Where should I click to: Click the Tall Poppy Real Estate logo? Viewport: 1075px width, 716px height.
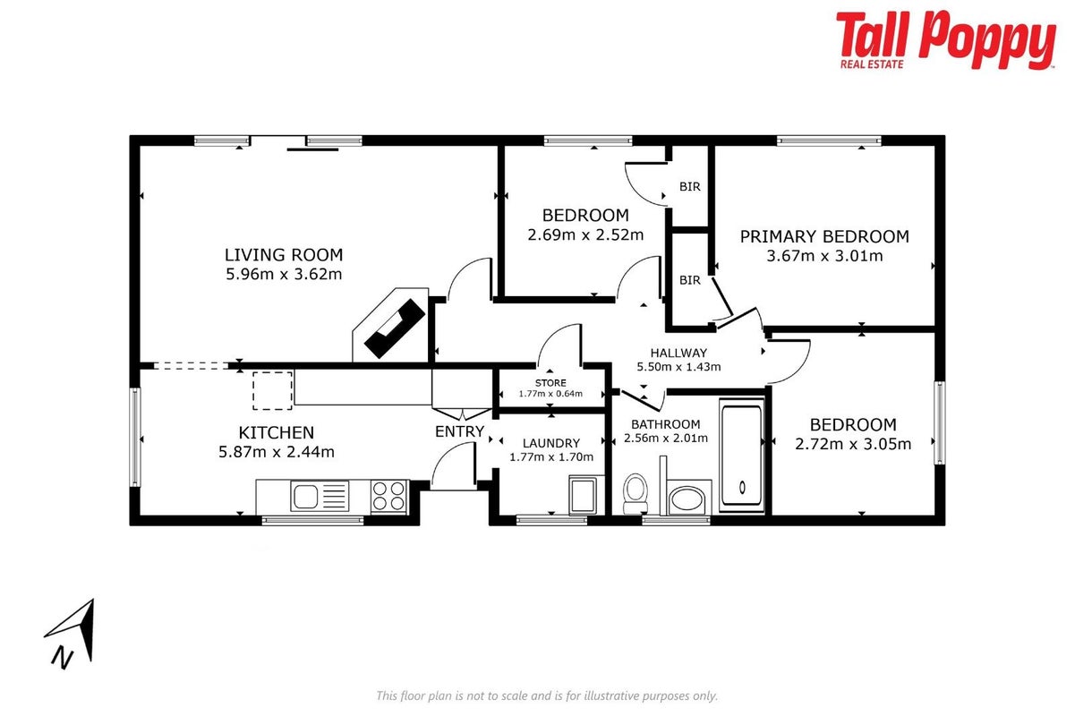click(x=945, y=40)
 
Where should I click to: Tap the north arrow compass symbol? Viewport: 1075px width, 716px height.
click(x=72, y=634)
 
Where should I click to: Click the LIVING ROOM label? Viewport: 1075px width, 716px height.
click(x=284, y=254)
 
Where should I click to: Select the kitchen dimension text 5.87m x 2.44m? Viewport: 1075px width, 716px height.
click(x=277, y=452)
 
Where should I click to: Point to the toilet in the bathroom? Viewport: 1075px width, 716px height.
click(x=636, y=493)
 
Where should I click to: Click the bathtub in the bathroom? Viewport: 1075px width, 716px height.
click(x=742, y=456)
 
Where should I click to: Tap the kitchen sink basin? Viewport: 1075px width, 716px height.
click(x=305, y=496)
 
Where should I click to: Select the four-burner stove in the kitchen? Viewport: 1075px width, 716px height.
click(x=389, y=496)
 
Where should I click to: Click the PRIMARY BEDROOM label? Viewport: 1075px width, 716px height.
click(x=824, y=236)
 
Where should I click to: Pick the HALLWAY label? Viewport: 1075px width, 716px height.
click(x=678, y=353)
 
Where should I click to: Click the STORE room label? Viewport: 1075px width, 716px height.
click(x=550, y=383)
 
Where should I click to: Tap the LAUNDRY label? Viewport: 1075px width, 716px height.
click(x=551, y=443)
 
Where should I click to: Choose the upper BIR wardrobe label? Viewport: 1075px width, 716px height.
click(x=689, y=186)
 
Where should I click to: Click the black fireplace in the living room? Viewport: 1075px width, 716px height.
click(x=395, y=328)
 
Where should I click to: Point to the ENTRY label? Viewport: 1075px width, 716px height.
click(x=459, y=431)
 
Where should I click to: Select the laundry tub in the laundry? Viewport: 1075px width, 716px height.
click(x=583, y=494)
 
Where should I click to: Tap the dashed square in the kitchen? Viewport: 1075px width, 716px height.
click(x=273, y=390)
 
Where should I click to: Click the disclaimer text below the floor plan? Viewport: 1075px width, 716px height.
click(x=547, y=695)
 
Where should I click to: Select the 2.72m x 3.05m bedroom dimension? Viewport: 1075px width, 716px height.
click(x=853, y=444)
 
